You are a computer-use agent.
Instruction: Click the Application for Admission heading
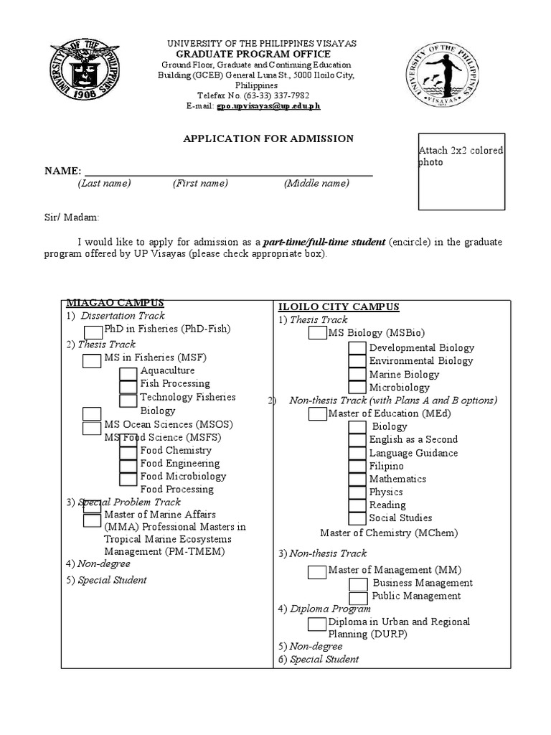pos(269,139)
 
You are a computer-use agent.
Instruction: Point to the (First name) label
pos(200,184)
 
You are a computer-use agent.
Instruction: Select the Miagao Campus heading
pos(116,303)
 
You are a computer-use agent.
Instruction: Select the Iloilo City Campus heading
pos(339,307)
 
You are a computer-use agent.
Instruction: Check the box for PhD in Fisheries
pos(93,331)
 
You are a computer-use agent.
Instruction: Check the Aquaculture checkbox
pos(128,373)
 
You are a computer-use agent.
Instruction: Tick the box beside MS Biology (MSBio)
pos(317,333)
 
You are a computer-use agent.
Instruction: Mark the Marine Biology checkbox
pos(357,375)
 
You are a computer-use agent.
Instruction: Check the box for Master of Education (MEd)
pos(317,414)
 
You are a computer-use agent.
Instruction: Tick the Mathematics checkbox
pos(357,479)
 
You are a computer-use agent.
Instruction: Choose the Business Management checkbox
pos(358,584)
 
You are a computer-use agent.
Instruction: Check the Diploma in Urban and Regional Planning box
pos(317,623)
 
